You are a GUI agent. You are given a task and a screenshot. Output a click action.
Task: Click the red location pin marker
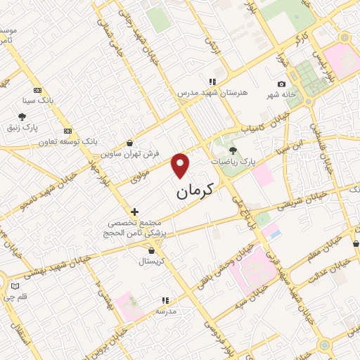(181, 165)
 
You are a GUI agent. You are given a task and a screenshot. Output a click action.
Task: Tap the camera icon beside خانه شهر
(281, 84)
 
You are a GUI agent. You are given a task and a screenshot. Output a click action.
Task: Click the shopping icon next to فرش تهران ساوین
(129, 141)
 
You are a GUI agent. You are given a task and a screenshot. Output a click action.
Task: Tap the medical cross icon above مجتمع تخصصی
(134, 211)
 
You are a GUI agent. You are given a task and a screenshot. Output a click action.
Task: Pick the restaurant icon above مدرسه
(165, 300)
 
